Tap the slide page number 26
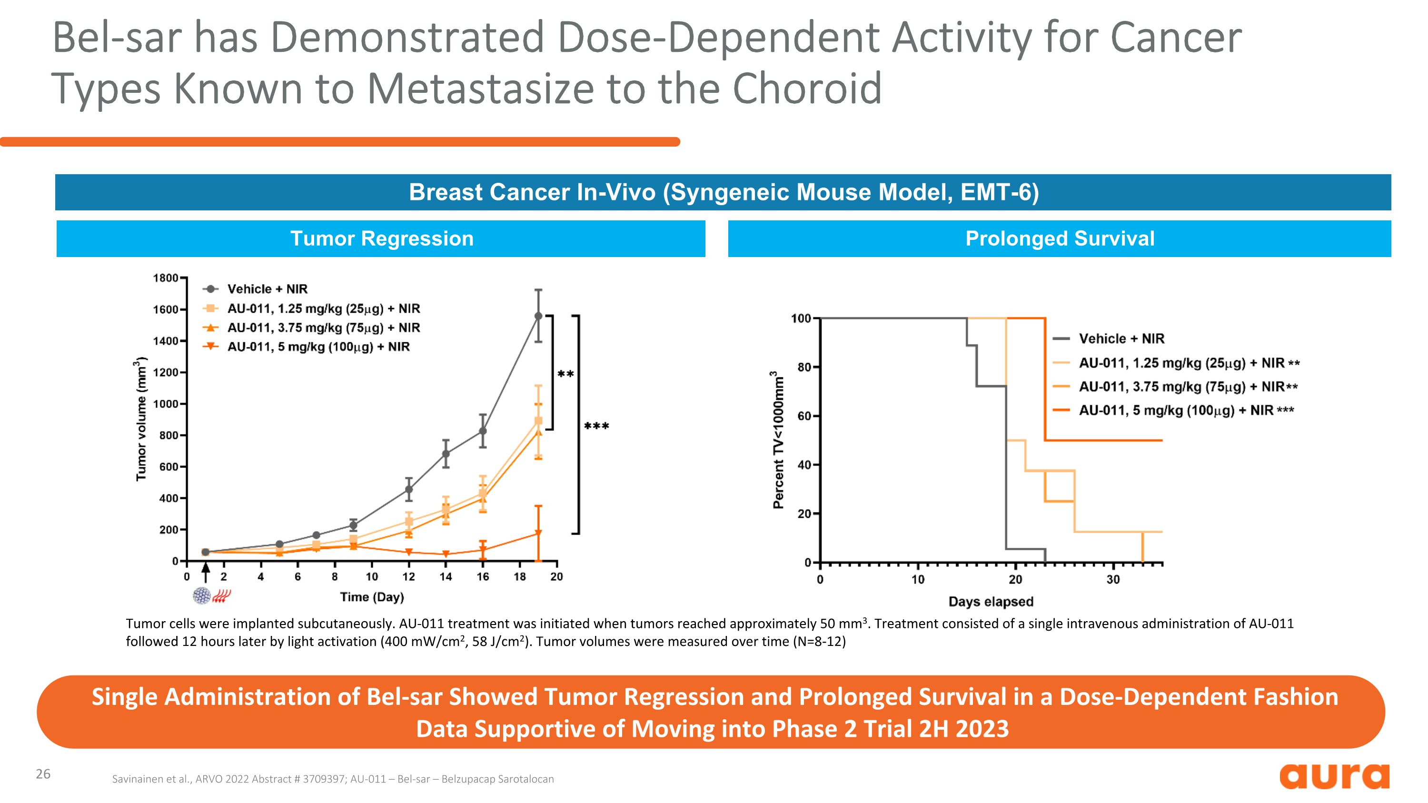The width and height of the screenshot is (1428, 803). (x=43, y=774)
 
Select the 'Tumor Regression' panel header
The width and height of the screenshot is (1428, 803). (x=381, y=239)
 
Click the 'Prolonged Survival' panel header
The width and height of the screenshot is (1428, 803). (x=1060, y=239)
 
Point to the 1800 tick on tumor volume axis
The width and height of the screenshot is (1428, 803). (x=165, y=278)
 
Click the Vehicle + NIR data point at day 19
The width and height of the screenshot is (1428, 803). (x=538, y=316)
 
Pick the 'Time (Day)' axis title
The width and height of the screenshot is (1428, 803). (x=372, y=597)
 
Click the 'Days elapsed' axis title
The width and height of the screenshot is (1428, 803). (x=991, y=601)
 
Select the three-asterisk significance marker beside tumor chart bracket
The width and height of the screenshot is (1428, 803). (x=596, y=426)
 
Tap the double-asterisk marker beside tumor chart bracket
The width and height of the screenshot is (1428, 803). (x=565, y=374)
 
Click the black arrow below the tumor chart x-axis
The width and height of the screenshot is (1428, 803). (x=206, y=572)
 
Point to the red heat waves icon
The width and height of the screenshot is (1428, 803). (x=222, y=596)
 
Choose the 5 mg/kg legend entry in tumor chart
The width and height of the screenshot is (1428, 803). (x=318, y=347)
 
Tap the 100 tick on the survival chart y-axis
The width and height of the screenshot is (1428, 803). (x=801, y=318)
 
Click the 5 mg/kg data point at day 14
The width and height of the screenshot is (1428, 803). (x=446, y=554)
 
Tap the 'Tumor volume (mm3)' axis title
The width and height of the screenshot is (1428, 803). (x=141, y=419)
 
